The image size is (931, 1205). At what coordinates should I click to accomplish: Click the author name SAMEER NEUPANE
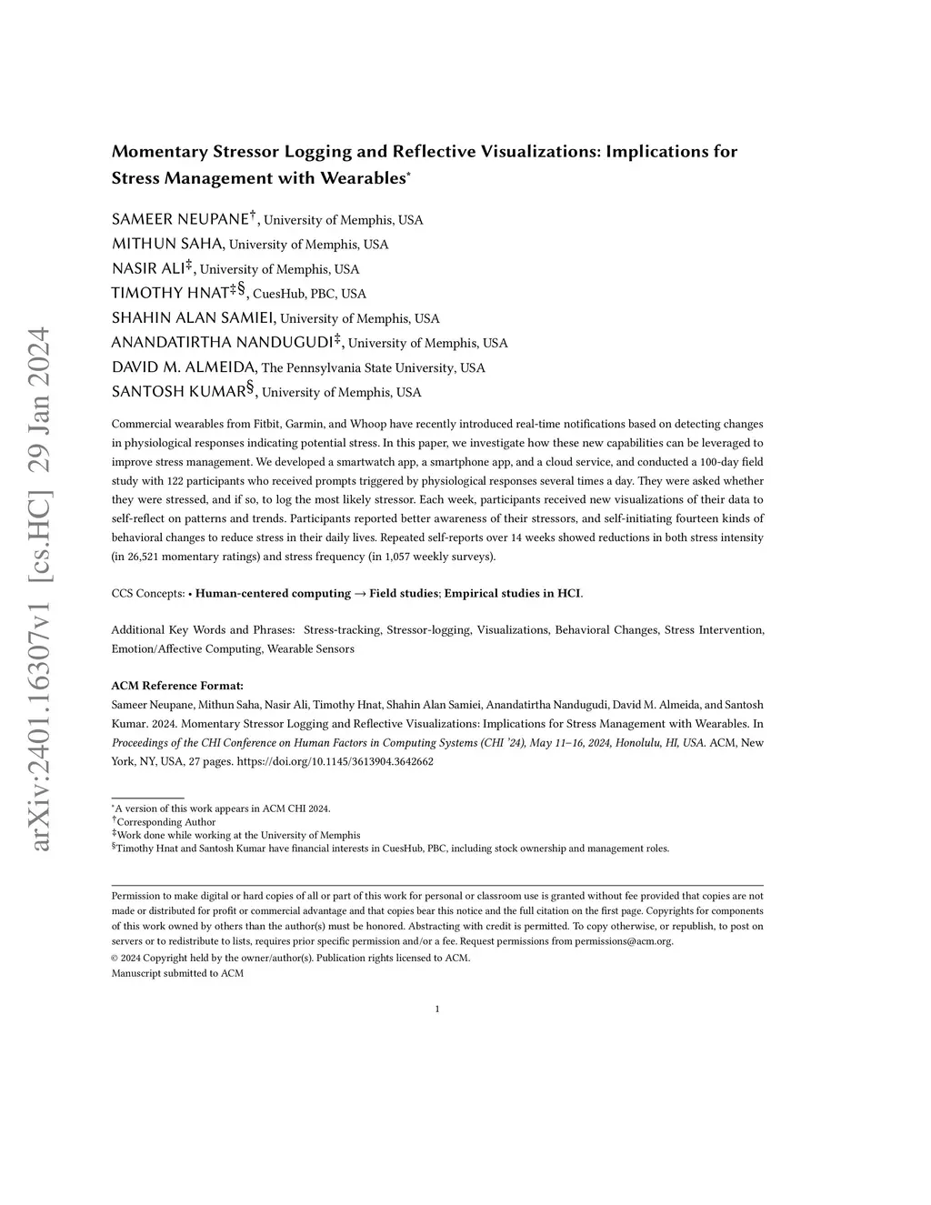[x=180, y=219]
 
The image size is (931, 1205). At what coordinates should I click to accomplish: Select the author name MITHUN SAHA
[x=167, y=244]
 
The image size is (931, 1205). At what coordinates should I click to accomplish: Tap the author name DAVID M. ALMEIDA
[x=184, y=367]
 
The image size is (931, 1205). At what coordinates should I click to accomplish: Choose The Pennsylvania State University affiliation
[x=373, y=368]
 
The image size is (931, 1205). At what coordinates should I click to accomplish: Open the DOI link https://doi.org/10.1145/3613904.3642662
[x=335, y=762]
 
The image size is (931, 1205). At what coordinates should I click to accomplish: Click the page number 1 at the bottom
[x=437, y=1009]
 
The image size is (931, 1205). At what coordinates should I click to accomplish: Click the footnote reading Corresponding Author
[x=165, y=822]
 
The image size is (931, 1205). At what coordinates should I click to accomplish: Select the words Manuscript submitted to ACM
[x=177, y=973]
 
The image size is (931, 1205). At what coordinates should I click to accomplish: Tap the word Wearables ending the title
[x=360, y=178]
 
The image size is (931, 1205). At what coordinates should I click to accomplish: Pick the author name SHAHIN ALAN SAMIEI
[x=194, y=318]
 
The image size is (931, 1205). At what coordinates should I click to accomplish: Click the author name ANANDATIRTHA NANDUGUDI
[x=221, y=343]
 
